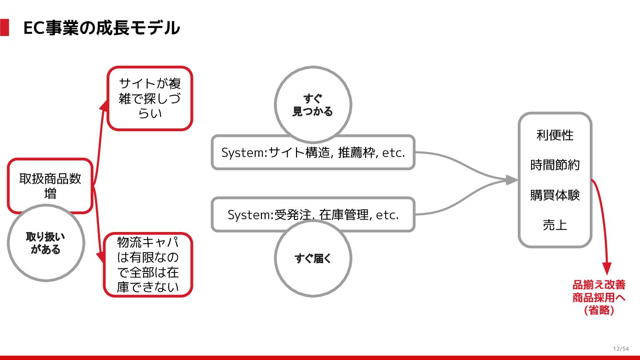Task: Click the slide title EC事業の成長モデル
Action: pos(101,28)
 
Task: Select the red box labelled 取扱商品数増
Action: pos(50,185)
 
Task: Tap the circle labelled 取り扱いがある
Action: pos(46,243)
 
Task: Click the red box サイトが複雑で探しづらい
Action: pos(150,98)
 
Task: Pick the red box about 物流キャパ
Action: pos(148,264)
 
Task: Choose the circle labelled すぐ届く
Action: pos(313,258)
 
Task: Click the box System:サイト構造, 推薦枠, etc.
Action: pos(313,152)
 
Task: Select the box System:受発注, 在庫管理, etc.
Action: pos(313,215)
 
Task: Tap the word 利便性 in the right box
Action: pos(555,135)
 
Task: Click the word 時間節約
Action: pos(555,165)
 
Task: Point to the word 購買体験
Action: pos(555,195)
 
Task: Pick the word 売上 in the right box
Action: pos(555,225)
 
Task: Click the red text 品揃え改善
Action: pos(599,285)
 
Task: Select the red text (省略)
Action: pos(599,310)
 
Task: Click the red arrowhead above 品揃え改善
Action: pos(607,268)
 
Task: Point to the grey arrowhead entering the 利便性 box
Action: pos(512,180)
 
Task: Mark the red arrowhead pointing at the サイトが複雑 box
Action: pos(104,104)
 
